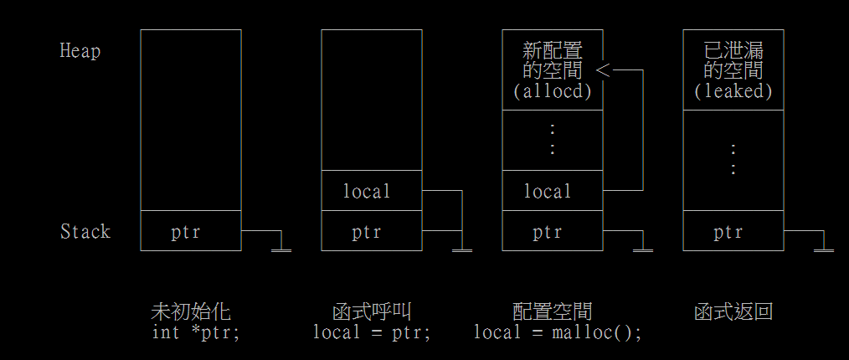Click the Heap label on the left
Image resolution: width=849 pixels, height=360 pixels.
pyautogui.click(x=80, y=51)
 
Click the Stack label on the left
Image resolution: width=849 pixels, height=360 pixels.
pyautogui.click(x=85, y=231)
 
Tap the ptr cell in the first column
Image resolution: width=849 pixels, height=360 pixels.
pyautogui.click(x=186, y=232)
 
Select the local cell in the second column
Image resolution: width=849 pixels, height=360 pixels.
pyautogui.click(x=367, y=192)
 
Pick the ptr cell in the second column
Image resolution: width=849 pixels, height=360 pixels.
pyautogui.click(x=367, y=232)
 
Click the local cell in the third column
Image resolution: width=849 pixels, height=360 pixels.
pyautogui.click(x=548, y=192)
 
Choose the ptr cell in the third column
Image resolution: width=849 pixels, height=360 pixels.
pyautogui.click(x=548, y=232)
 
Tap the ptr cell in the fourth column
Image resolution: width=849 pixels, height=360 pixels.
pyautogui.click(x=728, y=232)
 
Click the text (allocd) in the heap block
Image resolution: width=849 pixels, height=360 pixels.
pyautogui.click(x=552, y=91)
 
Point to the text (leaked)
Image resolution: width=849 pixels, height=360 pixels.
pyautogui.click(x=733, y=91)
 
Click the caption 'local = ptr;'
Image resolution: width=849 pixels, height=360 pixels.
pyautogui.click(x=372, y=332)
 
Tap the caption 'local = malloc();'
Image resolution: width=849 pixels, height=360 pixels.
pyautogui.click(x=558, y=332)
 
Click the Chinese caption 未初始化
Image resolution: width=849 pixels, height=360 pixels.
pyautogui.click(x=190, y=312)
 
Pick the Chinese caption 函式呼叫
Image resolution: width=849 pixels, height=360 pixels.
pyautogui.click(x=372, y=312)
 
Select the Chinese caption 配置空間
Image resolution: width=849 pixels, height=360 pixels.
pyautogui.click(x=553, y=312)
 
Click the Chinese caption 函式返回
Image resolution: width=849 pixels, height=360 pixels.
pyautogui.click(x=733, y=312)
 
